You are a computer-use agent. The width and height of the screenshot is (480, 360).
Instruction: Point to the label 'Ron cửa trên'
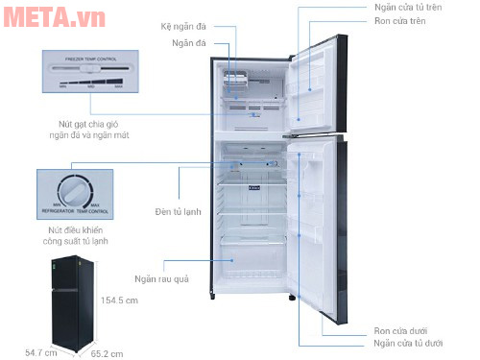400,22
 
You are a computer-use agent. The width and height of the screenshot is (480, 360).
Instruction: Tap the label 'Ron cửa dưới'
400,329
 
